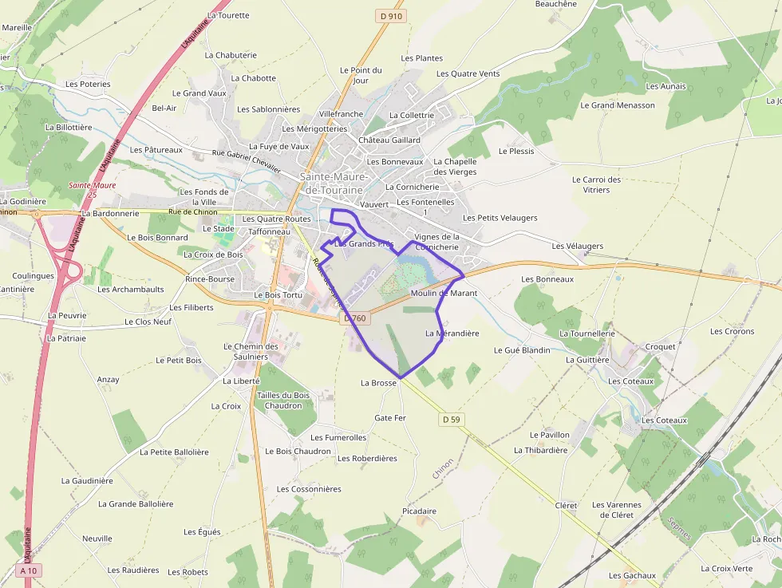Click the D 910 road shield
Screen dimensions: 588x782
click(x=390, y=16)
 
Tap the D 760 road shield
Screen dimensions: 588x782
click(x=356, y=318)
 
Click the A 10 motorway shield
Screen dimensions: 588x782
click(x=29, y=570)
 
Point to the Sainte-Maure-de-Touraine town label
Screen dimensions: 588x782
click(x=334, y=184)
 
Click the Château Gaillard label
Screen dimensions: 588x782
click(x=389, y=140)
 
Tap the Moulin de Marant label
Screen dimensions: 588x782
click(x=444, y=293)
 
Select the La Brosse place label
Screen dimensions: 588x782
click(x=378, y=383)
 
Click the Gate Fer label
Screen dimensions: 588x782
click(x=390, y=418)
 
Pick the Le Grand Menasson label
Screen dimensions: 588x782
click(x=618, y=105)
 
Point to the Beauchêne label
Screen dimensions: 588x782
click(x=556, y=4)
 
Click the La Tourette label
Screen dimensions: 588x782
click(x=228, y=15)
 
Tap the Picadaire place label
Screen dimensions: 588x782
click(x=420, y=511)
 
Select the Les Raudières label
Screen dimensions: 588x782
click(x=133, y=570)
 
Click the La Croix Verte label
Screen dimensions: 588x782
click(x=726, y=569)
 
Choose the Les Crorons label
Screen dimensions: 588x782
click(x=733, y=331)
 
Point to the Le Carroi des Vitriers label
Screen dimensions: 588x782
click(x=596, y=184)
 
